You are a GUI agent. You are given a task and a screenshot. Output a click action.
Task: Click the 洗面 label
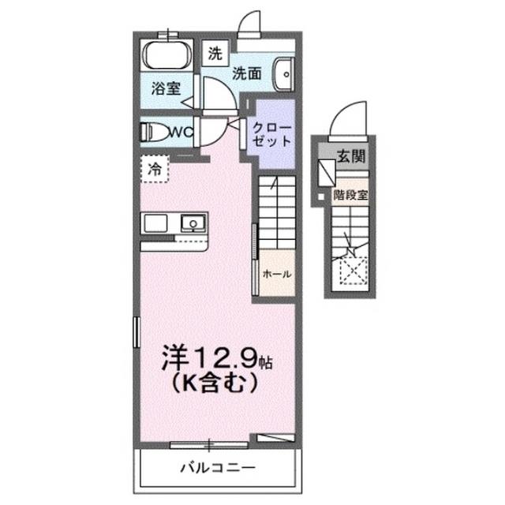pyautogui.click(x=246, y=73)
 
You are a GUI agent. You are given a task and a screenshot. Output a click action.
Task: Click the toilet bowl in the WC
pyautogui.click(x=155, y=132)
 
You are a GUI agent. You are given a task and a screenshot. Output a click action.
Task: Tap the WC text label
pyautogui.click(x=181, y=132)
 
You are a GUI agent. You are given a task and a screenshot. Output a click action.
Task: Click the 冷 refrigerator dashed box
pyautogui.click(x=155, y=168)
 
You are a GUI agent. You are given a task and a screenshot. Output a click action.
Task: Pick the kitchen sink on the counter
pyautogui.click(x=192, y=223)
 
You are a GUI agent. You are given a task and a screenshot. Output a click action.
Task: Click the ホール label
pyautogui.click(x=277, y=274)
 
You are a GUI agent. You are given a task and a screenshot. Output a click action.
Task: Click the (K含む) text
pyautogui.click(x=209, y=387)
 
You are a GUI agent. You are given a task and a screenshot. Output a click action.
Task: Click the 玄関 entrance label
pyautogui.click(x=351, y=156)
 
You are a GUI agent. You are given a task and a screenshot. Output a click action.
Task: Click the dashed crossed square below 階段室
pyautogui.click(x=350, y=273)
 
